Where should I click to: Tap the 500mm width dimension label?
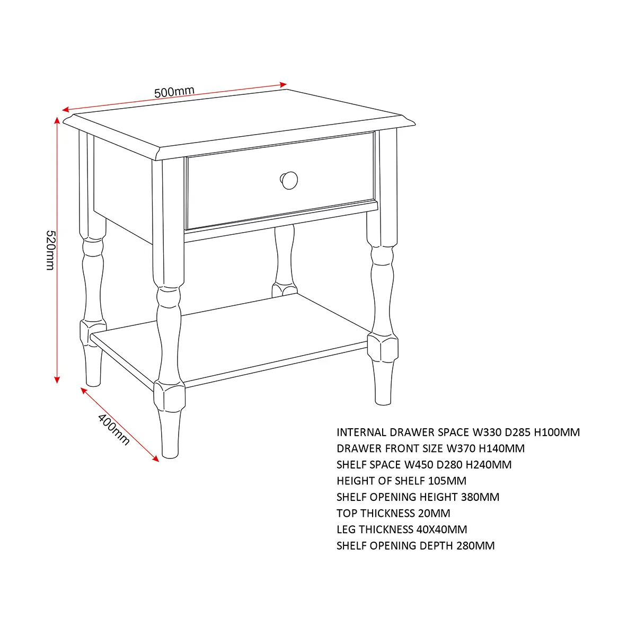[174, 92]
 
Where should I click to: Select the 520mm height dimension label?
[50, 250]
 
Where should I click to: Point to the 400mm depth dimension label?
[113, 429]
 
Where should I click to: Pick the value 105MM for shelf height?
[447, 481]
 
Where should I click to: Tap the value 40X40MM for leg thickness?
[441, 529]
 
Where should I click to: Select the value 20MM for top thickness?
[434, 513]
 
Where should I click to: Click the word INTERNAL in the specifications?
[362, 432]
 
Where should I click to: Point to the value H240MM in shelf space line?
[489, 465]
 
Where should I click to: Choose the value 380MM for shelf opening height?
[480, 497]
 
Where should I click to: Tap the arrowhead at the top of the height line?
[57, 120]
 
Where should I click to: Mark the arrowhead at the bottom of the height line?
[57, 379]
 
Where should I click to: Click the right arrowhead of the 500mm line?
[283, 85]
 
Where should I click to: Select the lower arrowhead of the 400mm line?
[156, 458]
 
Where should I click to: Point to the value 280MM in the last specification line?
[475, 545]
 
